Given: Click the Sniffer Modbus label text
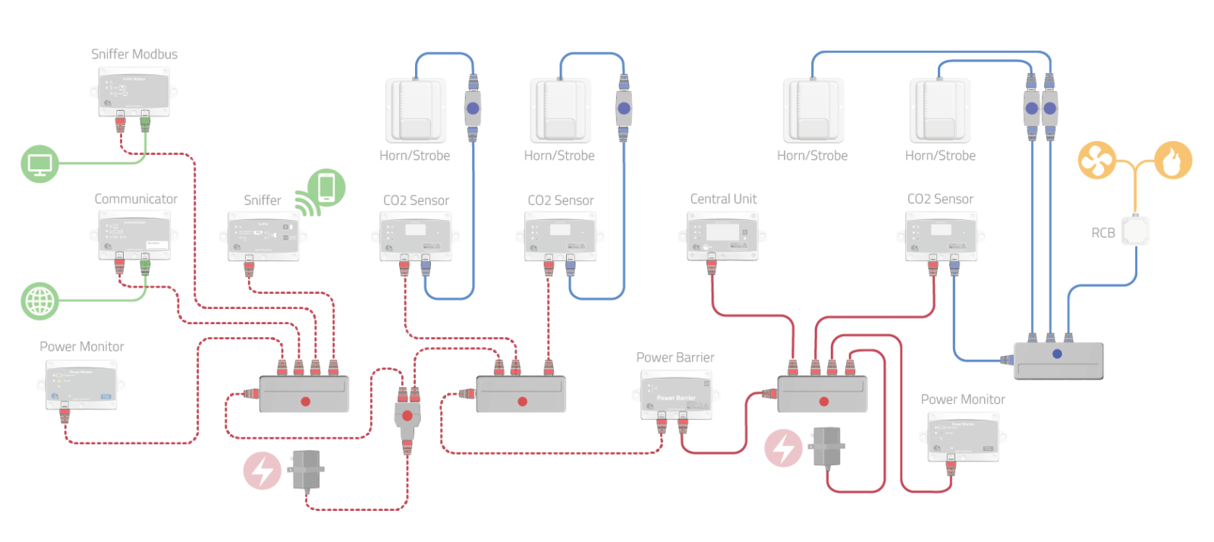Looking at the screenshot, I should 134,54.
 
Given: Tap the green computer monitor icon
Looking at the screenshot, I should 39,163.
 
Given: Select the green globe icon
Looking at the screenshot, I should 39,301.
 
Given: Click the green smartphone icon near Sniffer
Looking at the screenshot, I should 327,187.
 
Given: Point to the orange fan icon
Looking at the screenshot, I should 1096,160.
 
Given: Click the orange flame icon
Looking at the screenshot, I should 1172,160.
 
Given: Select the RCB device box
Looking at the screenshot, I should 1136,232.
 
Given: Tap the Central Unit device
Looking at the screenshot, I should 723,236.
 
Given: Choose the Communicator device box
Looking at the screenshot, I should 134,235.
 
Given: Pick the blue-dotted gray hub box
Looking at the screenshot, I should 1058,360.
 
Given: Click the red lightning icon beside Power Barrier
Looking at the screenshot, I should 783,448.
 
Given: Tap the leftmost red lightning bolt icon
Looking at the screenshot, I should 262,470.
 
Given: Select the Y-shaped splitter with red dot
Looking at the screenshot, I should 407,417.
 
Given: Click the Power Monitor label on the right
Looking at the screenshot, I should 962,399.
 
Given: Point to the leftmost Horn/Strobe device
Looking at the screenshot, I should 415,111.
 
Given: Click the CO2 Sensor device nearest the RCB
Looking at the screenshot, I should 941,236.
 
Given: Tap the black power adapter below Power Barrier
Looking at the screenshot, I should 828,446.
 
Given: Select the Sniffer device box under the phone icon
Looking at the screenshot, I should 263,236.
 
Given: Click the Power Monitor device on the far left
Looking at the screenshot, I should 81,384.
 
